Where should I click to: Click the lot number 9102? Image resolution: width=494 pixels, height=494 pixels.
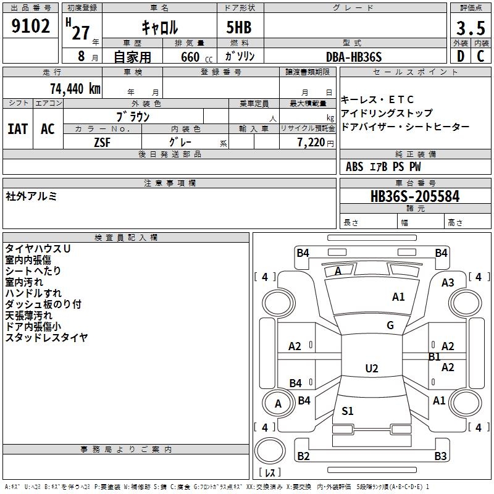pos(30,27)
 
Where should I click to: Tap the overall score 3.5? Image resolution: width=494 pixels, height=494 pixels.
pos(469,28)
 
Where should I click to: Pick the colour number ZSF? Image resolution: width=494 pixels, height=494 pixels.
pos(103,143)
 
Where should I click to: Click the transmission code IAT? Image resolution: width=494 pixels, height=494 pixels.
pos(17,129)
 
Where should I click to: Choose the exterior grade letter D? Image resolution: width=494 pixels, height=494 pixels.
pos(459,57)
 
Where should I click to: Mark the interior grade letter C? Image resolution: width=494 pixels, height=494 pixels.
pos(480,57)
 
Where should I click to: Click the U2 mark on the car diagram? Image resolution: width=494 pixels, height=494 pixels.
pos(371,369)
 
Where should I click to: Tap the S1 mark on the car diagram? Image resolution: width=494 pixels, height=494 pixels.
pos(348,411)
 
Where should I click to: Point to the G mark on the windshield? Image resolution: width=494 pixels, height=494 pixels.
pos(390,325)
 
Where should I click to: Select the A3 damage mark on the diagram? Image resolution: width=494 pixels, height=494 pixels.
pos(448,283)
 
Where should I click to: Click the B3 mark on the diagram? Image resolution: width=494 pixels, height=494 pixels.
pos(440,456)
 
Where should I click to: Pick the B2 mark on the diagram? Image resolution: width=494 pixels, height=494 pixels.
pos(303,456)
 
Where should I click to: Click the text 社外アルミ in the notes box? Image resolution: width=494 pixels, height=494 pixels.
pos(31,196)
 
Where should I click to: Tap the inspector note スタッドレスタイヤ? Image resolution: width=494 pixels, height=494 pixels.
pos(46,338)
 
